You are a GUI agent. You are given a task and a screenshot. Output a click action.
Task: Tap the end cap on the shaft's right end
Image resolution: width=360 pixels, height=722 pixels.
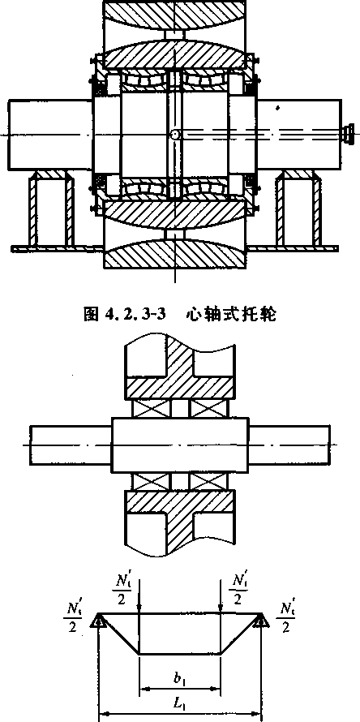click(x=348, y=134)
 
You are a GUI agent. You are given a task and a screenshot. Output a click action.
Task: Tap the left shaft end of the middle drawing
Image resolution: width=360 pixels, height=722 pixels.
click(x=71, y=445)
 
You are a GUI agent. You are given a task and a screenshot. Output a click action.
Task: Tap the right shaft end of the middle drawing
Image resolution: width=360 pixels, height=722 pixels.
click(x=289, y=445)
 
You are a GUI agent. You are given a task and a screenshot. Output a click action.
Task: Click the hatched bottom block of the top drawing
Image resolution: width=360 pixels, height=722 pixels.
click(x=175, y=254)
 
